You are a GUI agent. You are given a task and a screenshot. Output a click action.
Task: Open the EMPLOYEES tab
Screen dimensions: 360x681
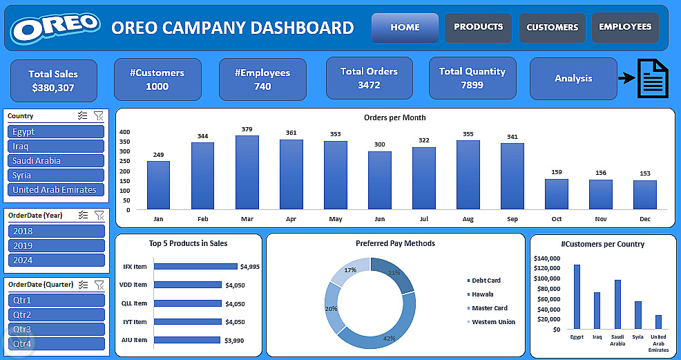click(x=625, y=27)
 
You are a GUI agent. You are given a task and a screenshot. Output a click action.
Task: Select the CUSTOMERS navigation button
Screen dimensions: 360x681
click(x=552, y=28)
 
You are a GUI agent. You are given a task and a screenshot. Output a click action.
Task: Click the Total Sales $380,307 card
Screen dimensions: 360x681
click(x=53, y=80)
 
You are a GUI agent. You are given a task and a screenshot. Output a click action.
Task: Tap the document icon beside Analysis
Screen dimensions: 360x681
click(x=652, y=78)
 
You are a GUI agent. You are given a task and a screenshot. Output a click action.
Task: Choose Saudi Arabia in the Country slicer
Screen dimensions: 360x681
click(x=56, y=161)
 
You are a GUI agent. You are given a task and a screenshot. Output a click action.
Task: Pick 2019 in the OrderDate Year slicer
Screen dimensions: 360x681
click(x=56, y=245)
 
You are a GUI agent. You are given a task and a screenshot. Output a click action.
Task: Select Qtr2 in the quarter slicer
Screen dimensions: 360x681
click(x=56, y=315)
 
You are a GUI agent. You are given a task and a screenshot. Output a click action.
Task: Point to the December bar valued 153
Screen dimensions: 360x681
click(x=644, y=195)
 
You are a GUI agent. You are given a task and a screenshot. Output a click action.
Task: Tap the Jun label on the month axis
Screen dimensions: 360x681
click(x=379, y=218)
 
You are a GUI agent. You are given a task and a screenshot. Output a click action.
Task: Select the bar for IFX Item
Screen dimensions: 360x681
click(x=195, y=266)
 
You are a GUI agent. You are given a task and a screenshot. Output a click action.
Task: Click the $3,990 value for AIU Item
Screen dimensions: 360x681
click(x=230, y=340)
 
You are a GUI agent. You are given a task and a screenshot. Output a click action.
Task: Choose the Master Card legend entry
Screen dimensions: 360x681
click(x=489, y=308)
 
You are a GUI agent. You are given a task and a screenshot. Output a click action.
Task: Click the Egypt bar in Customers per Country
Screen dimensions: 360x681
click(x=577, y=296)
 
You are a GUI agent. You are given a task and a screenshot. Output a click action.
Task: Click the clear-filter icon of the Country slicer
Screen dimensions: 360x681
click(x=99, y=117)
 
